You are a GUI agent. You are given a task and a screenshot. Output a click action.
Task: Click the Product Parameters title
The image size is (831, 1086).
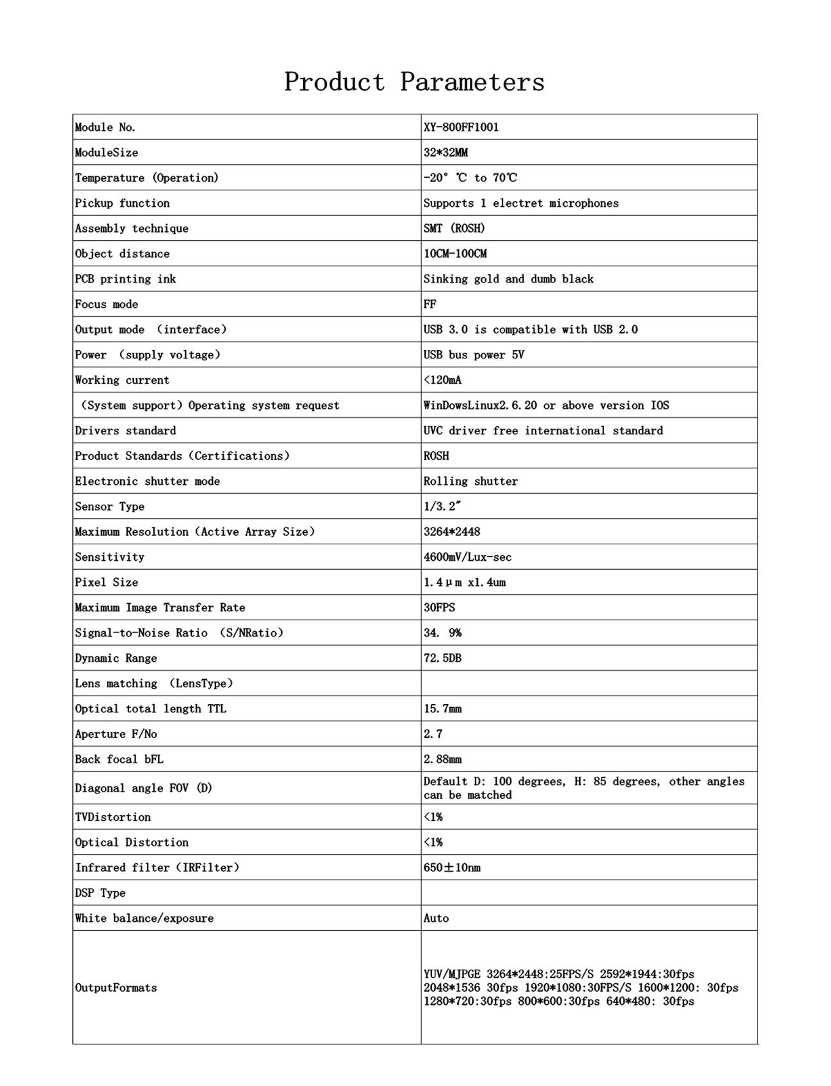pos(414,82)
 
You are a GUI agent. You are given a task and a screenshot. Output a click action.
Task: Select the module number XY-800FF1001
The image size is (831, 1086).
pos(461,127)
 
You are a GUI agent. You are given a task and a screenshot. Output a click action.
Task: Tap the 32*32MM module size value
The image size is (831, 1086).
pos(446,153)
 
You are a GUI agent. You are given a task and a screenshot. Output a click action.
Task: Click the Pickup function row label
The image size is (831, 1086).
pos(122,203)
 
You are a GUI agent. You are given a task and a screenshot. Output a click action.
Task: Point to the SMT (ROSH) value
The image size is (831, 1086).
pos(454,228)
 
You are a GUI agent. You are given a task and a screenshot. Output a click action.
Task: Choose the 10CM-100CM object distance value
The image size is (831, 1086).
pos(454,254)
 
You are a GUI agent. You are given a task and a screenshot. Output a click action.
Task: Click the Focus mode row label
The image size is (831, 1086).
pos(106,304)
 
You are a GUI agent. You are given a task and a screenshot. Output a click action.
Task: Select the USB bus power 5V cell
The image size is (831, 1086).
pos(474,355)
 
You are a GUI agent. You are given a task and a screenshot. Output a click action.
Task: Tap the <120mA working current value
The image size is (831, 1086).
pos(442,380)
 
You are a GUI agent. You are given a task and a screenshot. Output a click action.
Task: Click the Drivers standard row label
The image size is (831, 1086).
pos(125,431)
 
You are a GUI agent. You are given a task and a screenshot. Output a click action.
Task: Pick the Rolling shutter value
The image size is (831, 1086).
pos(470,481)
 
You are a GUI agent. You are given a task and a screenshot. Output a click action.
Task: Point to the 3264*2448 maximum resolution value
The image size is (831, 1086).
pos(451,532)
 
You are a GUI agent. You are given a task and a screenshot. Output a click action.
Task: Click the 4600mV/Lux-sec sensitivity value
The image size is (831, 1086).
pos(467,557)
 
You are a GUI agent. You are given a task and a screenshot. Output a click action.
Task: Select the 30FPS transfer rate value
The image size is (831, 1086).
pos(439,608)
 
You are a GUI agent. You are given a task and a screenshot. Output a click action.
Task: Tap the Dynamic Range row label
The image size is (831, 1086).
pos(116,658)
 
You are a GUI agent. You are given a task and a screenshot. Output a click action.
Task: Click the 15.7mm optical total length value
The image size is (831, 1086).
pos(442,708)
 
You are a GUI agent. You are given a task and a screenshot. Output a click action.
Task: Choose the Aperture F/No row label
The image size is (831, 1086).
pos(116,734)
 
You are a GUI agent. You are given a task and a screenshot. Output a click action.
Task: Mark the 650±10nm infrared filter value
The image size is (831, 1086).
pos(451,868)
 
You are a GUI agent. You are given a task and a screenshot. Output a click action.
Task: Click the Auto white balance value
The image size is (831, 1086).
pos(436,918)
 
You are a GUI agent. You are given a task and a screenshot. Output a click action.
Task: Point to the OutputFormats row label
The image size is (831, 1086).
pos(116,988)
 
